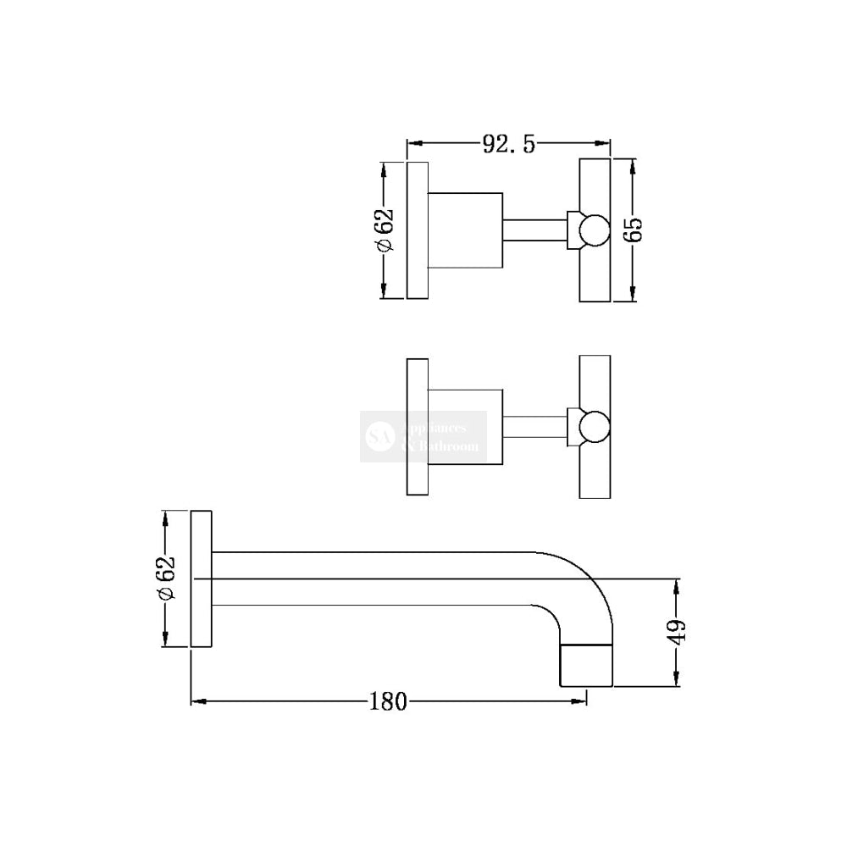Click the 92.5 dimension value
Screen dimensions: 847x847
(509, 144)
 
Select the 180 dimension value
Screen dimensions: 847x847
(388, 701)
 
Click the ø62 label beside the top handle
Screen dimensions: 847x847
(385, 230)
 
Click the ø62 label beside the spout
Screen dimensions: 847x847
(166, 579)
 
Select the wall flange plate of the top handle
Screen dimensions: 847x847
(418, 230)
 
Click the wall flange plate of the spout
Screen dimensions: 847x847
(201, 579)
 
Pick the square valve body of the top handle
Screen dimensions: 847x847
(466, 230)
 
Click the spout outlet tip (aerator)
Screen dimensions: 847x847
(585, 663)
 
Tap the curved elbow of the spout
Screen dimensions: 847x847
(576, 584)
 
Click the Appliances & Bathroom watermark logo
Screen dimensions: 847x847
(423, 436)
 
